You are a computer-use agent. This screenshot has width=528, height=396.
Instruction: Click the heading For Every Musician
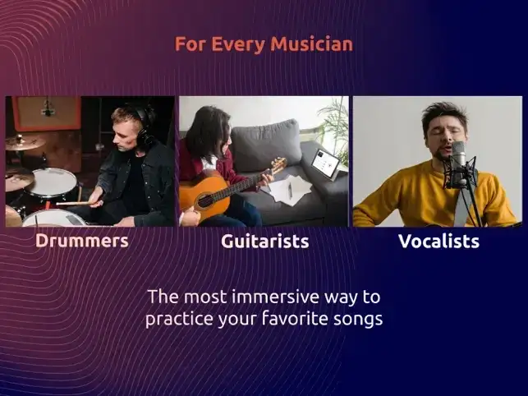(264, 44)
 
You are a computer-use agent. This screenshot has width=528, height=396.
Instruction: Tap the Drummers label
(82, 241)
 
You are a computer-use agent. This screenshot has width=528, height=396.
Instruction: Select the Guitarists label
(264, 241)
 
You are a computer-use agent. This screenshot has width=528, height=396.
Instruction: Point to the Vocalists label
(438, 241)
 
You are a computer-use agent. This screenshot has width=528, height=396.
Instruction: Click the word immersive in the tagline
(275, 297)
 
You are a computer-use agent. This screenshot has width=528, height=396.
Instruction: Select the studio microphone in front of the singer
(459, 164)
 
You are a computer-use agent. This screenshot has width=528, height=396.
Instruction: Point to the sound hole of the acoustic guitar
(205, 200)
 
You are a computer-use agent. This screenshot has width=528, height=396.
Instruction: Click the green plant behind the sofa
(332, 127)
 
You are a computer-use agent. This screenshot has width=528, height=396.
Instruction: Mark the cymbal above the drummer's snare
(25, 142)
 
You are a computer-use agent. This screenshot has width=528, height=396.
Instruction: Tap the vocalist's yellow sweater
(434, 196)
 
